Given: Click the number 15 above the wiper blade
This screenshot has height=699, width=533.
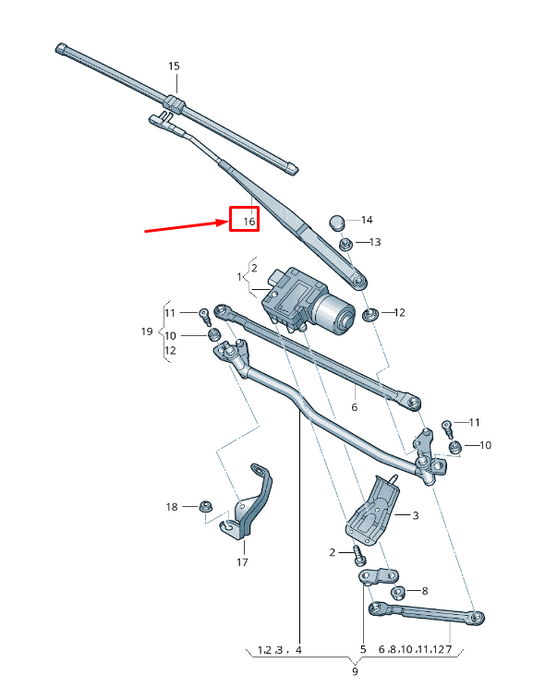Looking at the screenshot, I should point(174,66).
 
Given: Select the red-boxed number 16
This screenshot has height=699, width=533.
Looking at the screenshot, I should point(244,219).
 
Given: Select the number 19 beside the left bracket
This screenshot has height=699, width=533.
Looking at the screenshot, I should point(146,332).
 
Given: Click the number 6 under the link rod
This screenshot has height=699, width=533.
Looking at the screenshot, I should point(354,408).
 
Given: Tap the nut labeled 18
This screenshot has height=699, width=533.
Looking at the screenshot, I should point(206,508).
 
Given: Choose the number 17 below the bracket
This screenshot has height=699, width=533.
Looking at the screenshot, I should point(242,562).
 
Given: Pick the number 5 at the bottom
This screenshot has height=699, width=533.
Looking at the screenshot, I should point(363,650).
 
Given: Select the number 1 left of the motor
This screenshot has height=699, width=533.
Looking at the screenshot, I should point(239,276).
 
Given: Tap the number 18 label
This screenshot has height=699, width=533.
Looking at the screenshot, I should point(171,508).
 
